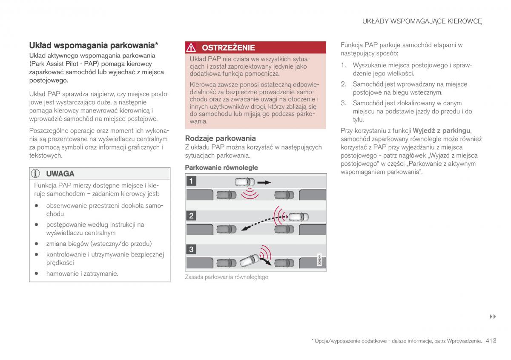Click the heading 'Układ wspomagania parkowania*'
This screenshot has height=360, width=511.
click(94, 45)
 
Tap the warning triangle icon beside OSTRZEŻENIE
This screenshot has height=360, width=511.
click(192, 48)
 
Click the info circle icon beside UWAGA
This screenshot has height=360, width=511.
click(37, 173)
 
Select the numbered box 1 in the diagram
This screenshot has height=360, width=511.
click(191, 181)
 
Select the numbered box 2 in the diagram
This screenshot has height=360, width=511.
click(191, 216)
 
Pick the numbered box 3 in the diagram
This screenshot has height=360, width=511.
click(191, 250)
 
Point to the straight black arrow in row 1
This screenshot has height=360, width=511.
click(264, 182)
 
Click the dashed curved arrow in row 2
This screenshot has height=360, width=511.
click(260, 222)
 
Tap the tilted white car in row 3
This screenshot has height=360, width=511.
click(249, 260)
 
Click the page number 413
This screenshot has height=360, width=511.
click(491, 341)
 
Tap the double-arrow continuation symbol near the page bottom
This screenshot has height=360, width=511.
click(493, 317)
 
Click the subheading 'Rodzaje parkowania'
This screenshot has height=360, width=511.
click(220, 138)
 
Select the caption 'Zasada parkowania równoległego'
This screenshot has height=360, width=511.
click(227, 277)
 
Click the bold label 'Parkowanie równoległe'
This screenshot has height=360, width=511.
click(221, 167)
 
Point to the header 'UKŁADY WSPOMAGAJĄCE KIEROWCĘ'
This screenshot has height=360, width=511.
click(422, 21)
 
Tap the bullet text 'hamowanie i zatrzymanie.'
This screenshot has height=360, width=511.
click(82, 274)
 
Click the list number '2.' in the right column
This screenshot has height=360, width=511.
click(343, 84)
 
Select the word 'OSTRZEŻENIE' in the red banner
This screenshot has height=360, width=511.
click(228, 48)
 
